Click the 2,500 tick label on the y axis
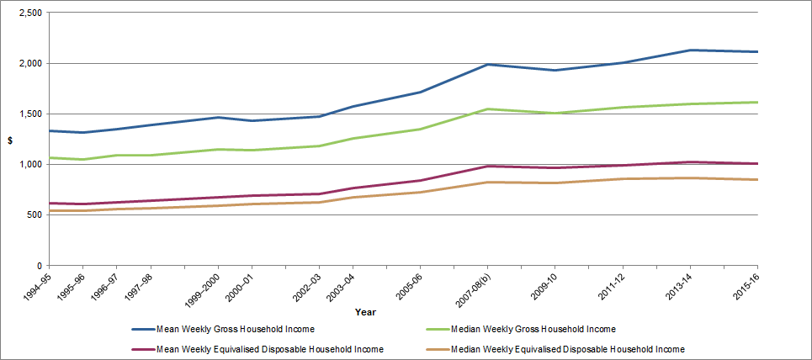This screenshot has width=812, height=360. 29,13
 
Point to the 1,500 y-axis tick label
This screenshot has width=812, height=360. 29,114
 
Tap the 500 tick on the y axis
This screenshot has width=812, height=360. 36,214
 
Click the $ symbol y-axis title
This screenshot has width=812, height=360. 10,140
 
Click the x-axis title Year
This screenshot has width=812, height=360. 365,312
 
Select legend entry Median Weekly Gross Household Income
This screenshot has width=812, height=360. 533,329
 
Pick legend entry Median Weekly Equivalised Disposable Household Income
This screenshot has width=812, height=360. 567,349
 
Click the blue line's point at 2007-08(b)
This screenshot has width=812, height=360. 487,64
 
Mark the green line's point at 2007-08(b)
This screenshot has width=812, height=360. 487,109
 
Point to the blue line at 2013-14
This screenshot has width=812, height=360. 690,50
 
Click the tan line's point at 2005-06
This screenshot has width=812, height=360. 420,192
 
